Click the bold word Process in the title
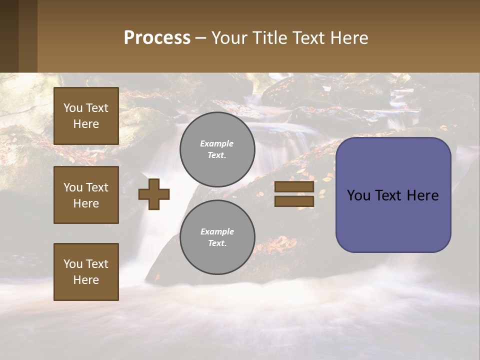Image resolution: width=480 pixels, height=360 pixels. pos(157,38)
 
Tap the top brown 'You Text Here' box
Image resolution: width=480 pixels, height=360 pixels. pos(86,116)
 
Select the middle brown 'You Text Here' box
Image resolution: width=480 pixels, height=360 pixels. pos(86,195)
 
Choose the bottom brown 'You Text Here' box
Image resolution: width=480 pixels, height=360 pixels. pos(86,271)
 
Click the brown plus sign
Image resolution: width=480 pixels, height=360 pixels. pos(154,194)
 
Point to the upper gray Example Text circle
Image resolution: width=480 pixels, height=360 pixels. pos(217,149)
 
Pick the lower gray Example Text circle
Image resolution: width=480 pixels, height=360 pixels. pos(217,237)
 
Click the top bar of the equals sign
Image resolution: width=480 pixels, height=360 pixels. pos(294,187)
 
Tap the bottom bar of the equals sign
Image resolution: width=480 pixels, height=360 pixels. pos(294,201)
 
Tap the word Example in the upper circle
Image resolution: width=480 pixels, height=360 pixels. pos(216,143)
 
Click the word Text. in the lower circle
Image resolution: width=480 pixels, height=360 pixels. pos(217,243)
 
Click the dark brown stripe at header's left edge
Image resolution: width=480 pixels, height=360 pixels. pos(9,36)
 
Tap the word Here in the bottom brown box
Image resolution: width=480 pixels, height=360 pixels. pos(86,280)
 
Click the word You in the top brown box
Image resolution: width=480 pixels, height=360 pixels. pos(73,108)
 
